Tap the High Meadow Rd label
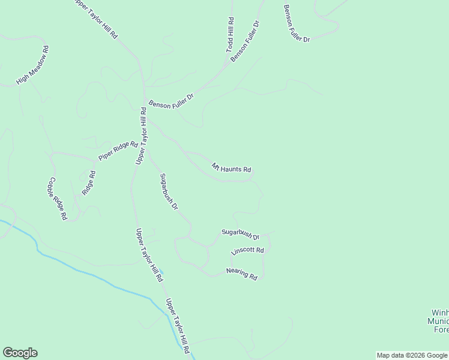(x=32, y=64)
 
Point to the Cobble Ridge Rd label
(x=58, y=199)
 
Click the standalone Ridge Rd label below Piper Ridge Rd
(x=88, y=183)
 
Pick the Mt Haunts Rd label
(x=231, y=169)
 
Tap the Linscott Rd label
(x=247, y=250)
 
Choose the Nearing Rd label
(x=241, y=274)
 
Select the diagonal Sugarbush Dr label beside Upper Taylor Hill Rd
(x=169, y=191)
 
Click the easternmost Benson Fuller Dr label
(x=297, y=23)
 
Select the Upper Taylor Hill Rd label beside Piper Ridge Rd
(x=141, y=136)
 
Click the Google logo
(x=20, y=353)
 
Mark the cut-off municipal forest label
(x=439, y=321)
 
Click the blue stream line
(x=90, y=277)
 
